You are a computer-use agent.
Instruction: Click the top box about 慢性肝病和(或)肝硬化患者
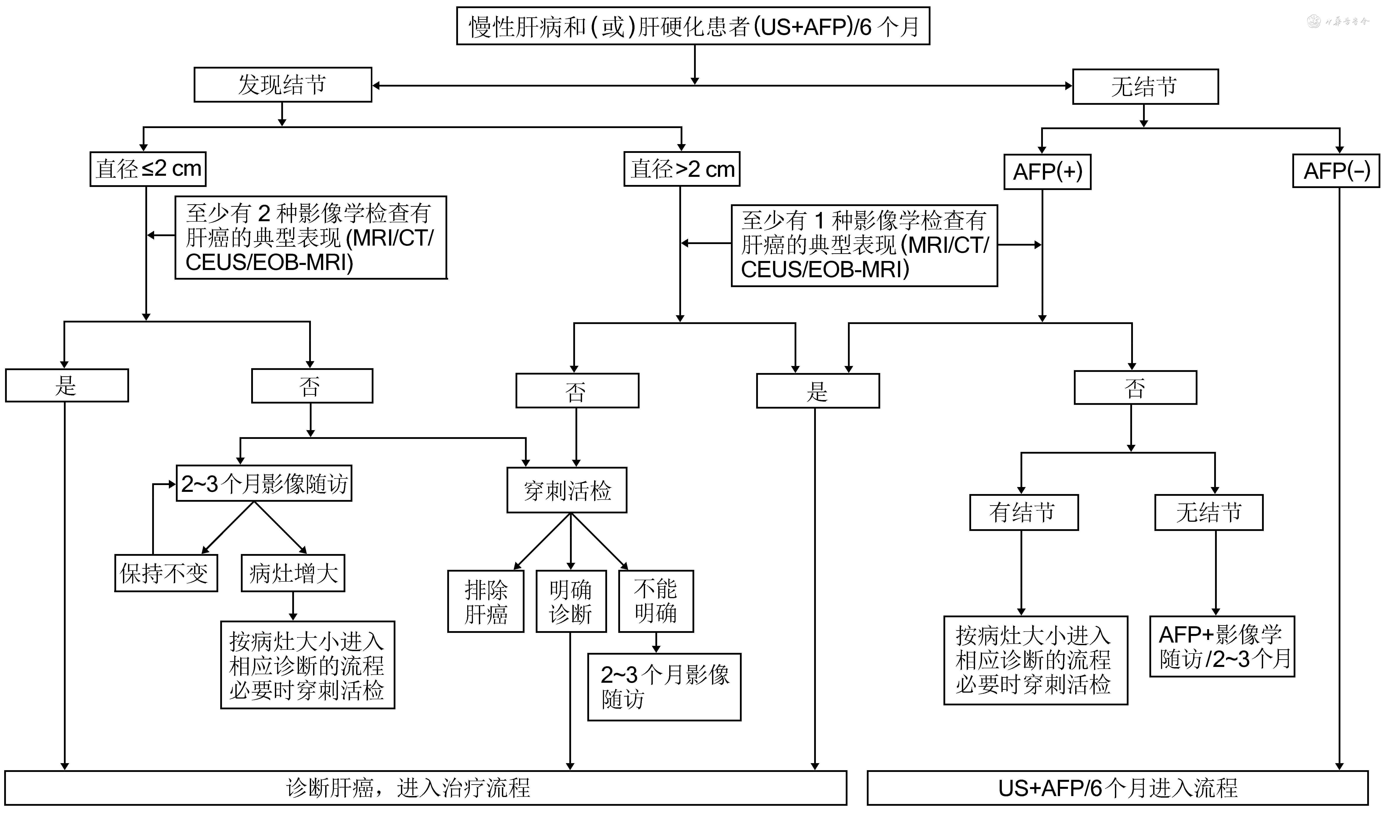click(x=693, y=26)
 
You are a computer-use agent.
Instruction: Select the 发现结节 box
click(x=283, y=85)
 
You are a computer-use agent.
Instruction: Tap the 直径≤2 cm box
click(x=148, y=169)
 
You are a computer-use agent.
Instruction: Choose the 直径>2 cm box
click(x=682, y=169)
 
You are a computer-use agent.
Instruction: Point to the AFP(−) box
click(x=1336, y=171)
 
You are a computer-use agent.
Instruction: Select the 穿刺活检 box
click(x=567, y=490)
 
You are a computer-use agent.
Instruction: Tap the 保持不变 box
click(x=166, y=573)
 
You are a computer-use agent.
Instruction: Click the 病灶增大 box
click(x=293, y=573)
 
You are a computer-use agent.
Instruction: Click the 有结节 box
click(x=1024, y=512)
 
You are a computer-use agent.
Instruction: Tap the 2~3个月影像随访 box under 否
click(x=264, y=483)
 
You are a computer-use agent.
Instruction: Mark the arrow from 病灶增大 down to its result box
click(x=293, y=606)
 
